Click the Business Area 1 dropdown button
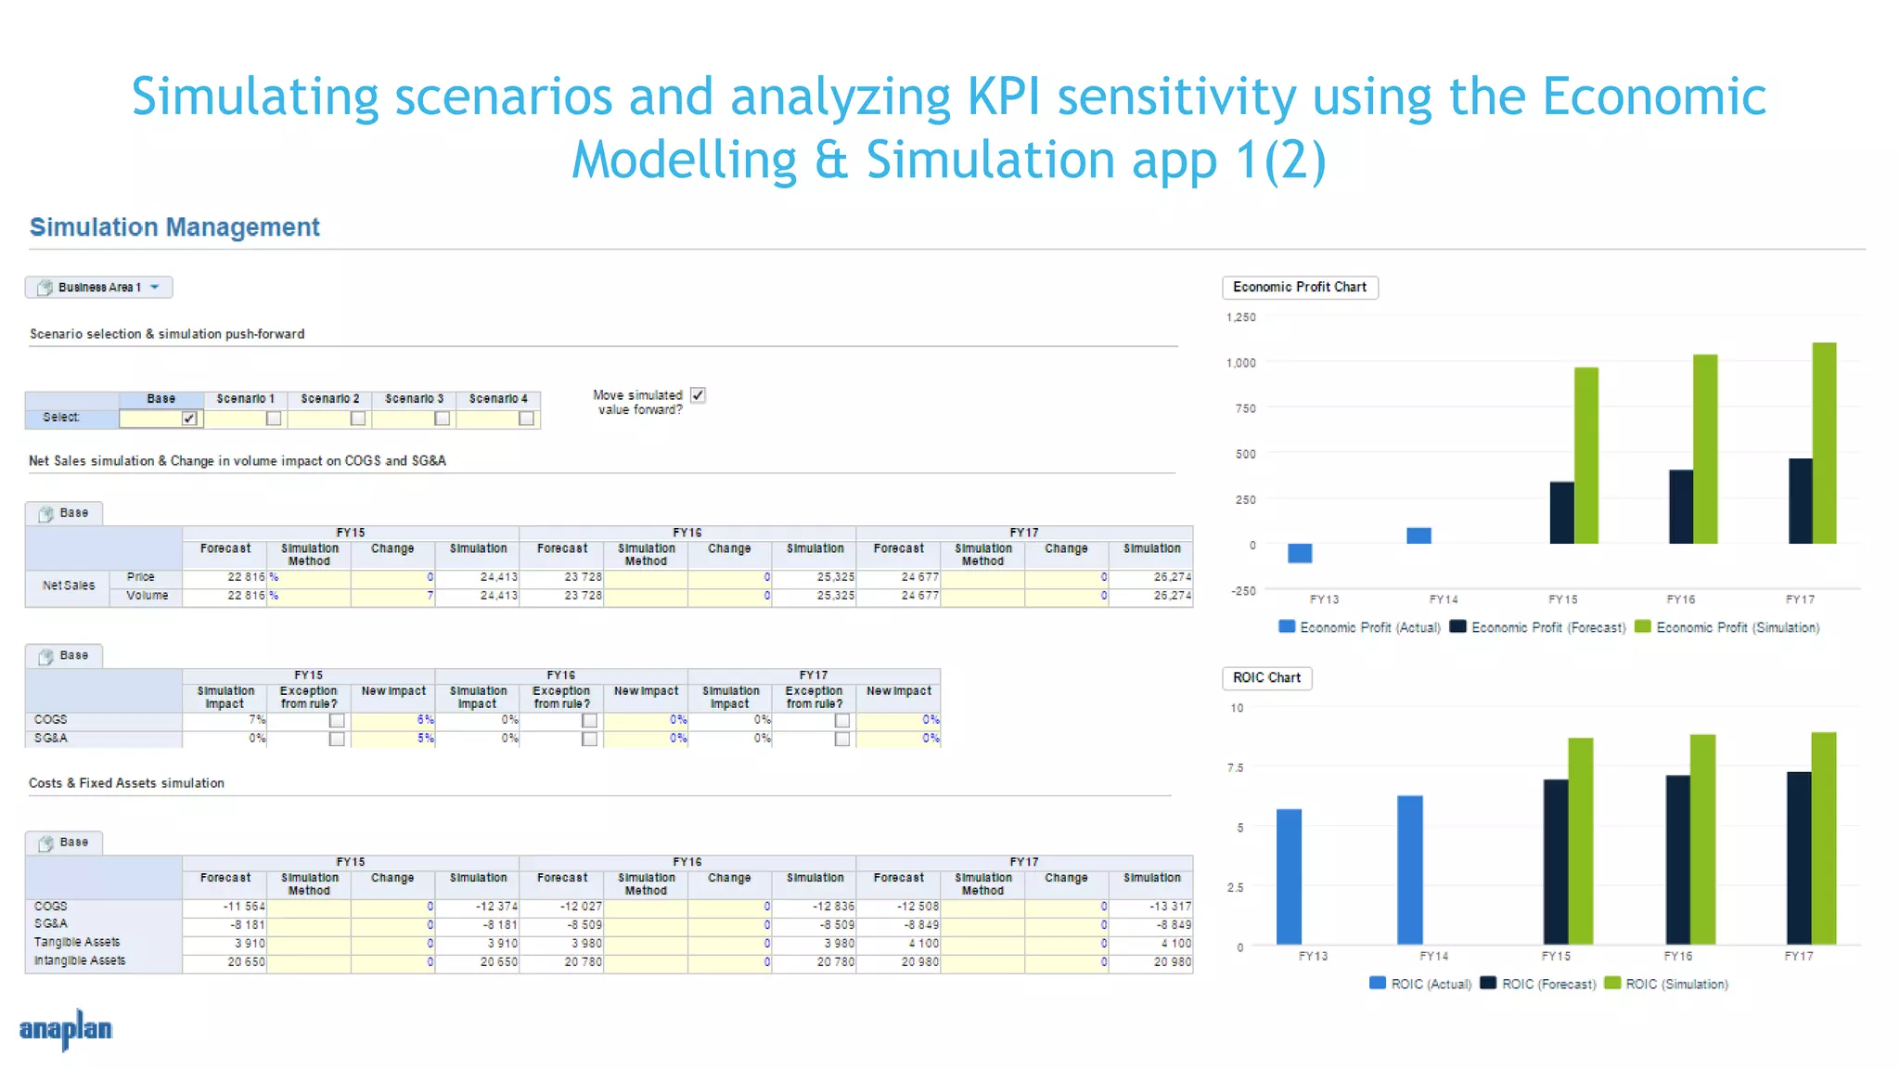tap(99, 288)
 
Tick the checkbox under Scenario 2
tap(357, 419)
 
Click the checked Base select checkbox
tap(189, 419)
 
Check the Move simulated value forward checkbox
tap(698, 395)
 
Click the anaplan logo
tap(66, 1029)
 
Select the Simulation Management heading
tap(174, 227)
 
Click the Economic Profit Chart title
tap(1299, 288)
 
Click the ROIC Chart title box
tap(1266, 678)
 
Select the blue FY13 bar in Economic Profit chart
tap(1300, 553)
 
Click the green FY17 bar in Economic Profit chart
tap(1824, 444)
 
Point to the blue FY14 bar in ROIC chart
tap(1409, 869)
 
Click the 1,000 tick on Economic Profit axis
tap(1240, 363)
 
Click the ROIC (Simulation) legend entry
tap(1666, 985)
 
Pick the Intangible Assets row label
tap(80, 961)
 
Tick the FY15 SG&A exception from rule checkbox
tap(337, 740)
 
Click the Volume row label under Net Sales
tap(148, 596)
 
